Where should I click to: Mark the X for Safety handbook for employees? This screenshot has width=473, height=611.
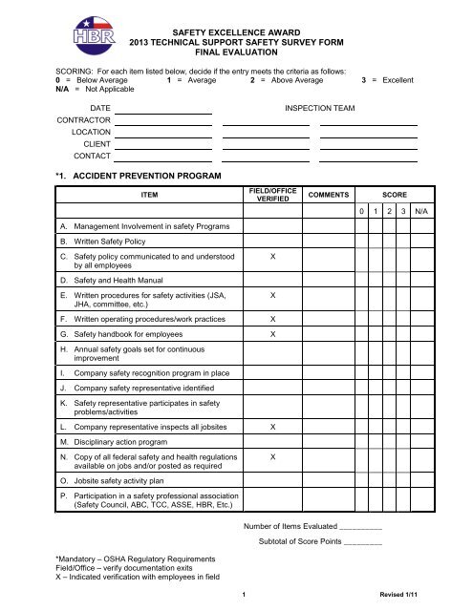(x=273, y=336)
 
